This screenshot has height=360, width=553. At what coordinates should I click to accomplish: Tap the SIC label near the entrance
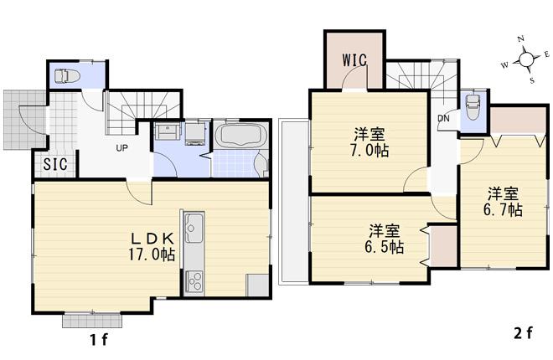pyautogui.click(x=54, y=163)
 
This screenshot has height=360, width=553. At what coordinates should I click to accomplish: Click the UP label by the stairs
pyautogui.click(x=121, y=148)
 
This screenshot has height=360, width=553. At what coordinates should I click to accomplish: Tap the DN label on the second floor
pyautogui.click(x=442, y=118)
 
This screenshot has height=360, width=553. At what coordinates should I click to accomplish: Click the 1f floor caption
pyautogui.click(x=99, y=340)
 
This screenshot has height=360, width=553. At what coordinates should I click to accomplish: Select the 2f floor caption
pyautogui.click(x=523, y=333)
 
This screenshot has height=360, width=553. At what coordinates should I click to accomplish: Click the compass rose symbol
pyautogui.click(x=527, y=59)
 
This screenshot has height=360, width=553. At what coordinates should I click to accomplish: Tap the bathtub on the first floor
pyautogui.click(x=241, y=136)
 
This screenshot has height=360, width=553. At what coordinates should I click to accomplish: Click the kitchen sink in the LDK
pyautogui.click(x=194, y=227)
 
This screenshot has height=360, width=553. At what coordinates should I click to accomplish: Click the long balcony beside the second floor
pyautogui.click(x=294, y=201)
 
